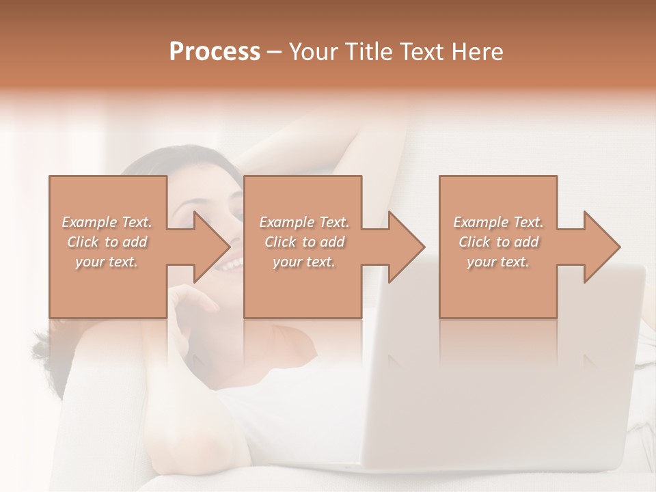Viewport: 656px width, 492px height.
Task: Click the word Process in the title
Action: pyautogui.click(x=215, y=52)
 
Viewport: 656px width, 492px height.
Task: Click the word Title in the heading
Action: pyautogui.click(x=368, y=52)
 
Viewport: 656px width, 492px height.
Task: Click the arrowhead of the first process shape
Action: pyautogui.click(x=211, y=247)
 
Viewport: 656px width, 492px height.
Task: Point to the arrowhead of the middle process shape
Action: pyautogui.click(x=406, y=247)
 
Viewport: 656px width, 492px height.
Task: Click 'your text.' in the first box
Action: pyautogui.click(x=107, y=262)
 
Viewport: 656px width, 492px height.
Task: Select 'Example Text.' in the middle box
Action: pyautogui.click(x=304, y=222)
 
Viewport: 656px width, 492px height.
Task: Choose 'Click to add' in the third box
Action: pyautogui.click(x=499, y=242)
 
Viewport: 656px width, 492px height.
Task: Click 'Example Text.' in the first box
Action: pyautogui.click(x=107, y=222)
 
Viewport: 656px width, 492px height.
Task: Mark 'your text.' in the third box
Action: pyautogui.click(x=498, y=262)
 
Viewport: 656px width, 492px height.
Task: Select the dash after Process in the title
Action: pyautogui.click(x=275, y=52)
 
